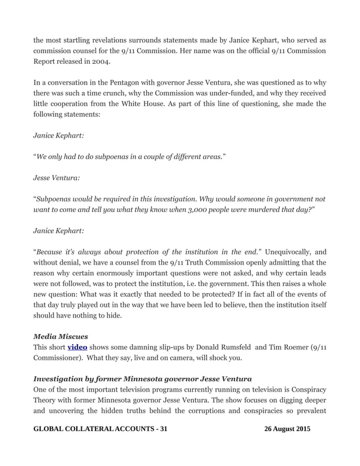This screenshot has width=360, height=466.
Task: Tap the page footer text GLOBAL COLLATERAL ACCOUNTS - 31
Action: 100,429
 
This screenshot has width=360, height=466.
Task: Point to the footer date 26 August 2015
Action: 287,429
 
